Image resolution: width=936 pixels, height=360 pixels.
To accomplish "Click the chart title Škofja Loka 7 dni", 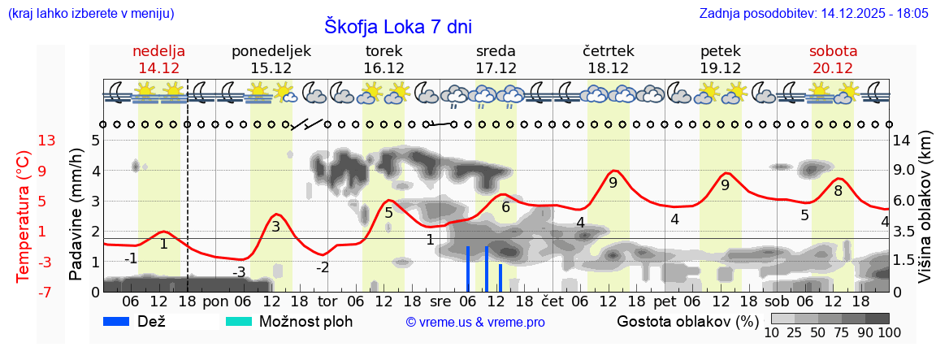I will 397,26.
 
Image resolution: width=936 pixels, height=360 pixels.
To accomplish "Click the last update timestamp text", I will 813,14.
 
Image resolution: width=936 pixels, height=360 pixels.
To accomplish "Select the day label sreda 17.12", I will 496,59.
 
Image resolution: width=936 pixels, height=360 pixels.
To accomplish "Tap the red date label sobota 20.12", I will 832,59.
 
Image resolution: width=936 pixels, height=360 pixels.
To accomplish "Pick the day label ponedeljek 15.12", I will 271,59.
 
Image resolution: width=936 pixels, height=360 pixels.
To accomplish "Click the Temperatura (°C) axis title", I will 24,216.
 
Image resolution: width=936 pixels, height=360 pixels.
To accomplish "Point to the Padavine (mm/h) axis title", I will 76,215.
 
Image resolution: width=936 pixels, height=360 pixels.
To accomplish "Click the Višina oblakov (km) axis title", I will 924,215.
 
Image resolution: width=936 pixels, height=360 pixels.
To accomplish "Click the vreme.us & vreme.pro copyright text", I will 475,323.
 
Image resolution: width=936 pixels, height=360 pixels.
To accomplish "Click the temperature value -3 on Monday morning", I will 239,272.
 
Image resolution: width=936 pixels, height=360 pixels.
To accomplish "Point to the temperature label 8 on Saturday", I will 838,191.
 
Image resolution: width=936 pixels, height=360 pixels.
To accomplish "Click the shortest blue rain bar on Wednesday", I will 500,277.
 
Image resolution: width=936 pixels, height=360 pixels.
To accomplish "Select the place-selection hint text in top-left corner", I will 90,14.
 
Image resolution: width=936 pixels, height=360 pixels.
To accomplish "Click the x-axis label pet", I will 664,301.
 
